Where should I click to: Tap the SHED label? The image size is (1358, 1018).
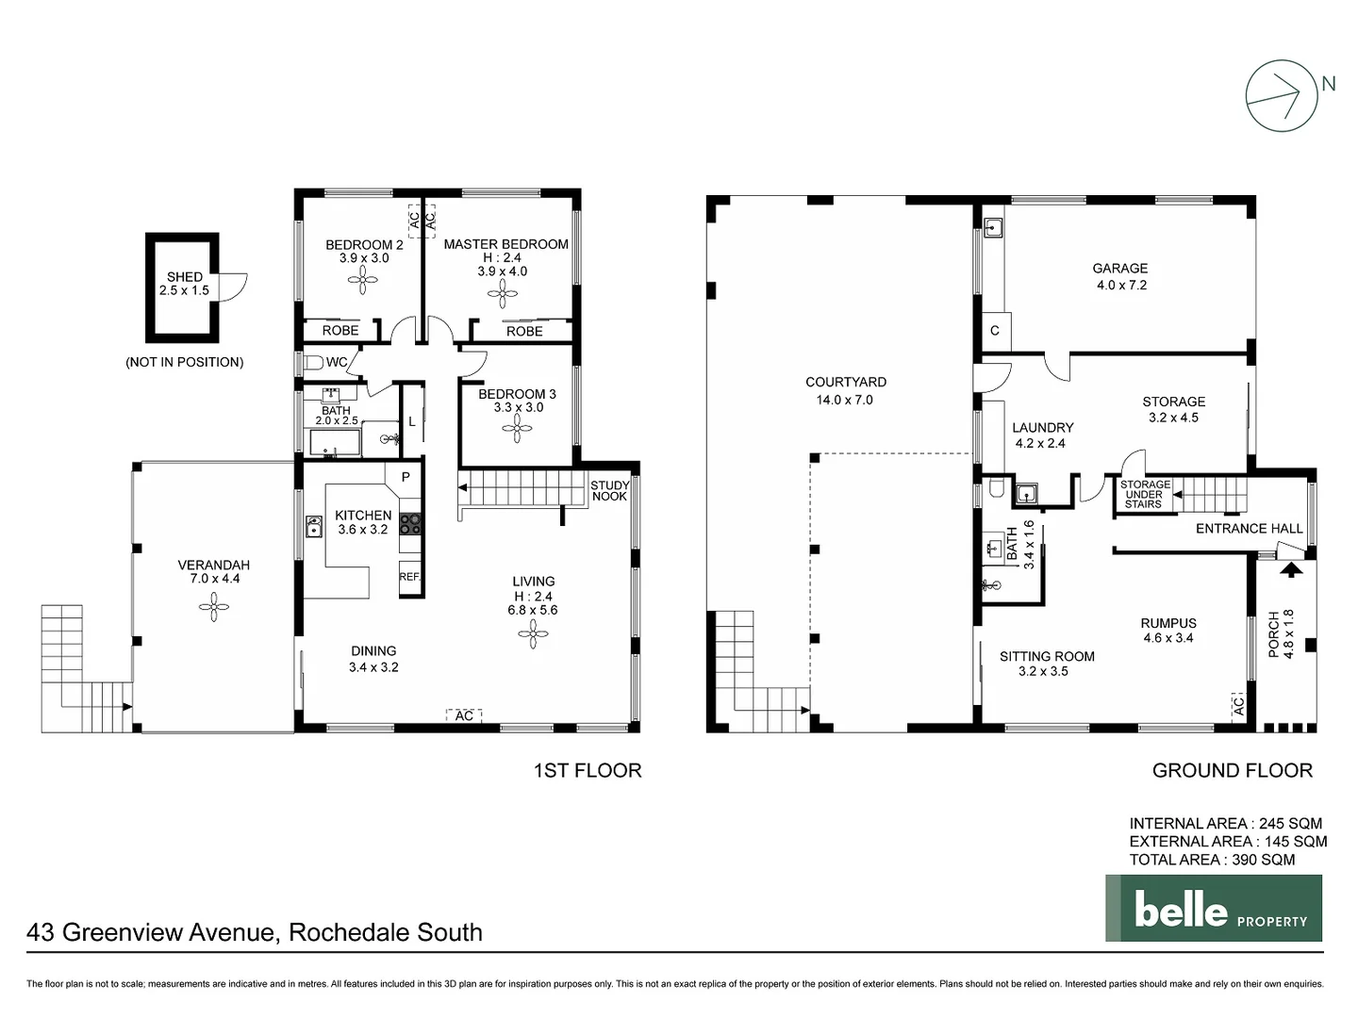tap(185, 276)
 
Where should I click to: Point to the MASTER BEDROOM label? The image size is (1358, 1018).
tap(505, 244)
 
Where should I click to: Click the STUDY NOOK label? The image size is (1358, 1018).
tap(609, 491)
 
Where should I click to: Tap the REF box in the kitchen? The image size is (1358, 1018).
tap(409, 577)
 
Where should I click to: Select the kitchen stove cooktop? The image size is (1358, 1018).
tap(409, 524)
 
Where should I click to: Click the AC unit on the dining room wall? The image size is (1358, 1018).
tap(464, 716)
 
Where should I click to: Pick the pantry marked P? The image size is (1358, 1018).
tap(406, 477)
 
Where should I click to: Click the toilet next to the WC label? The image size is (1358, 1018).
tap(311, 362)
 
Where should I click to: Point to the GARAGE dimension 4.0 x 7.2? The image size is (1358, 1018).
tap(1121, 285)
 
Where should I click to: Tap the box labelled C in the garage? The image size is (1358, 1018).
tap(995, 331)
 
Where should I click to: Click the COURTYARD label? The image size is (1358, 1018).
tap(846, 382)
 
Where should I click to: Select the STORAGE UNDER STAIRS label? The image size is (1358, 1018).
tap(1145, 494)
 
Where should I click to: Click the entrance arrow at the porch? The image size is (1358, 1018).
tap(1289, 568)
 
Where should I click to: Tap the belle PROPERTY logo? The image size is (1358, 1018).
tap(1214, 909)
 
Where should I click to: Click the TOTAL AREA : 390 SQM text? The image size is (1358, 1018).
tap(1212, 859)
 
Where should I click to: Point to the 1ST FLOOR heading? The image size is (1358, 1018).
tap(588, 770)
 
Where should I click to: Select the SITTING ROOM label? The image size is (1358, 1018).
tap(1047, 656)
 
